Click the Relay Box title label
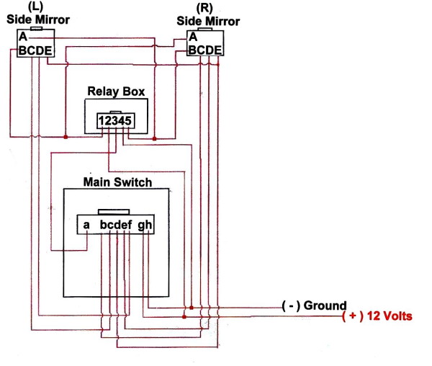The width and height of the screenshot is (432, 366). [116, 91]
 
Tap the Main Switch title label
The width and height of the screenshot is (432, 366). [117, 182]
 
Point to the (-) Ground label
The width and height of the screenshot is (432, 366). [314, 305]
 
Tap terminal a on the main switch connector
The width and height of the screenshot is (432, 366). [86, 225]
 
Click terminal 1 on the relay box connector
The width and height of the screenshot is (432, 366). [103, 122]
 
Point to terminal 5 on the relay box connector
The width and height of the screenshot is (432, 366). [128, 122]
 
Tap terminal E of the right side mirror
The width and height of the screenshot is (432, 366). [217, 49]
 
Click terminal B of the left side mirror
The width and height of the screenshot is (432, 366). [22, 50]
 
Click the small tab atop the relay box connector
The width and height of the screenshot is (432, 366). [116, 112]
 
